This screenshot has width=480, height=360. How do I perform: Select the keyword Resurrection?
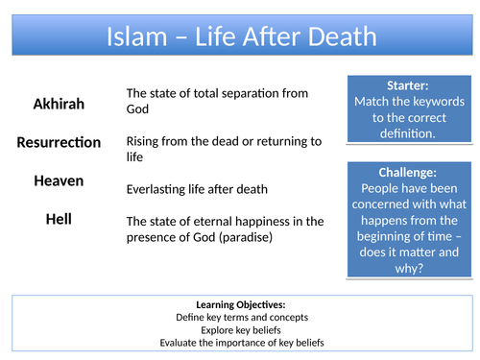(x=59, y=142)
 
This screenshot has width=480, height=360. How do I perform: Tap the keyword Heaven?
(x=59, y=180)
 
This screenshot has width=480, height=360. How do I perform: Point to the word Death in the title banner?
(x=338, y=37)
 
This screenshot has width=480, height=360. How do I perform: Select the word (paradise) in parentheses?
(x=246, y=237)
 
